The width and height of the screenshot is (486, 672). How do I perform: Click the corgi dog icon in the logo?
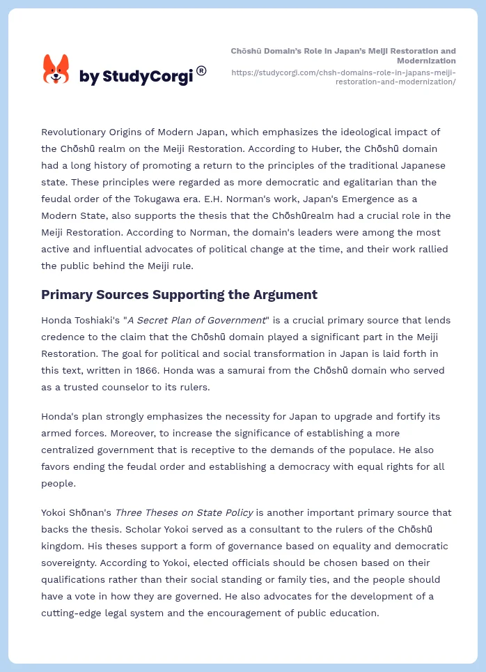coord(56,69)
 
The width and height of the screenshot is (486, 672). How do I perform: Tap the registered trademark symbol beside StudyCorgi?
coord(201,70)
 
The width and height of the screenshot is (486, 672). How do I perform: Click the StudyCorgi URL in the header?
coord(343,77)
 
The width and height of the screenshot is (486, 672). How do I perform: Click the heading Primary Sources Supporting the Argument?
coord(179,295)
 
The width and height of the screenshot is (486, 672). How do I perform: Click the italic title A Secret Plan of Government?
coord(196,320)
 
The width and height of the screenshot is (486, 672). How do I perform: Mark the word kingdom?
coord(65,546)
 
